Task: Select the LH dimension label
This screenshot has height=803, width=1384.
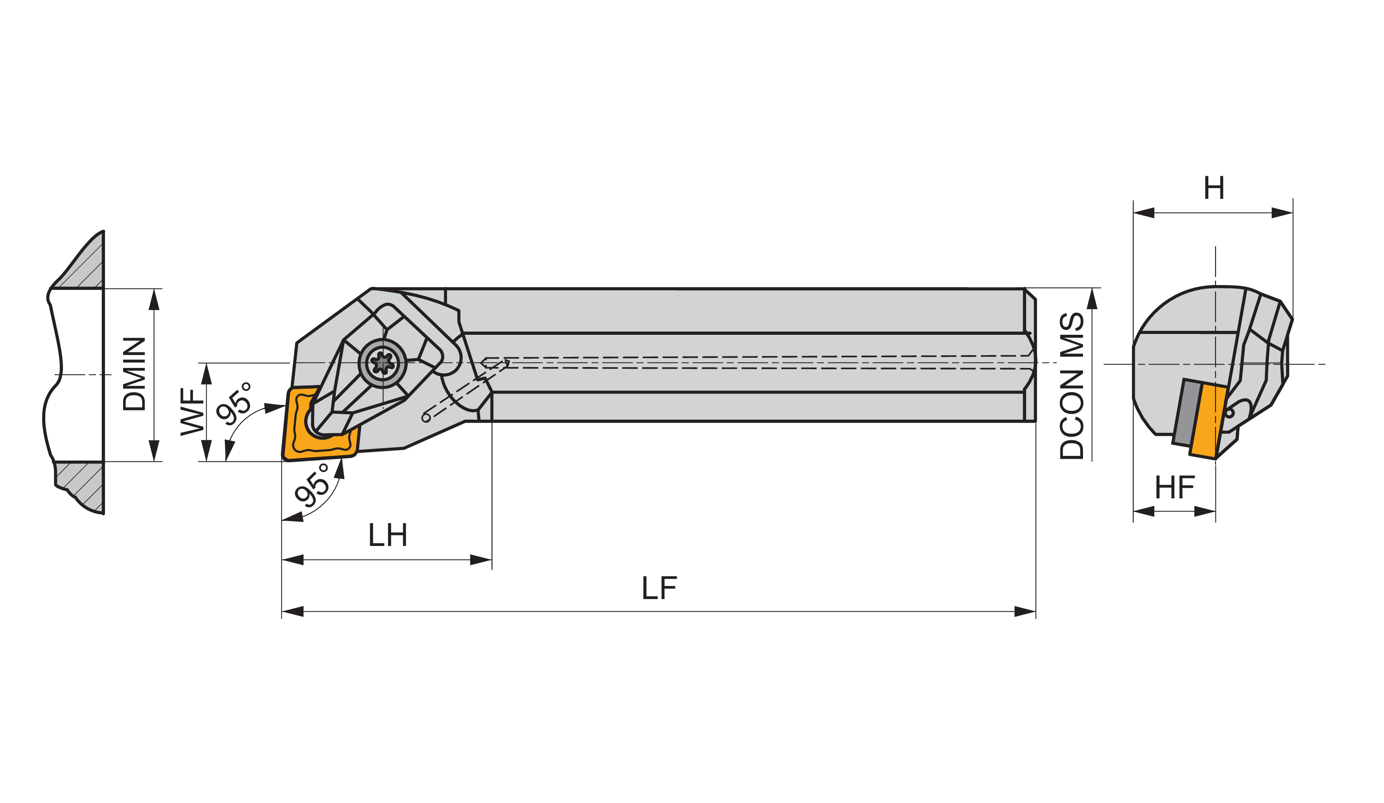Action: tap(388, 535)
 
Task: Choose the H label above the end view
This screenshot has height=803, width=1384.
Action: tap(1214, 189)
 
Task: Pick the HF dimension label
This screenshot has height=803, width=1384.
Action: tap(1175, 487)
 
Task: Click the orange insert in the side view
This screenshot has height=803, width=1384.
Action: tap(321, 423)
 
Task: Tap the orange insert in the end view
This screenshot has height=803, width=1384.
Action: tap(1208, 421)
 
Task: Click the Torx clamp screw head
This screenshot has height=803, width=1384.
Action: tap(382, 363)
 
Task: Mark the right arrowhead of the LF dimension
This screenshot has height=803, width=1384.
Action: tap(1025, 612)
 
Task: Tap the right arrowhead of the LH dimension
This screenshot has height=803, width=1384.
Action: tap(481, 560)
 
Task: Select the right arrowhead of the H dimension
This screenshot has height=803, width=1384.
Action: tap(1283, 213)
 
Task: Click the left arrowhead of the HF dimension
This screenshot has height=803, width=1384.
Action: tap(1144, 512)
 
